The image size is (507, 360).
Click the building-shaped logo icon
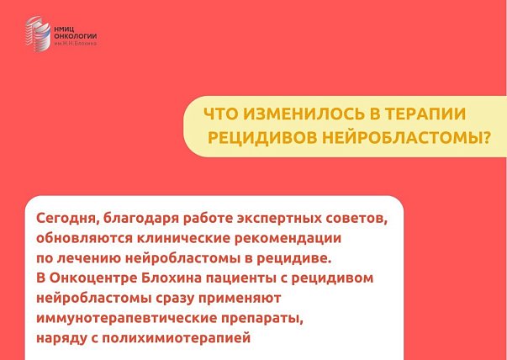coord(38,34)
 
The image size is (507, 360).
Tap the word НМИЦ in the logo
coord(64,29)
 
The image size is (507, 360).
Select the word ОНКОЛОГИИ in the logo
coord(76,36)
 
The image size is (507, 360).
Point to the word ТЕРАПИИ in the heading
coord(425,114)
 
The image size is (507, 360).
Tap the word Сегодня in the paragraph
coord(67,219)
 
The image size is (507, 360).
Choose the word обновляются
coord(84,238)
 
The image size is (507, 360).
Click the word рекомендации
coord(288,239)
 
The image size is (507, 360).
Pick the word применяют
coord(240,299)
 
